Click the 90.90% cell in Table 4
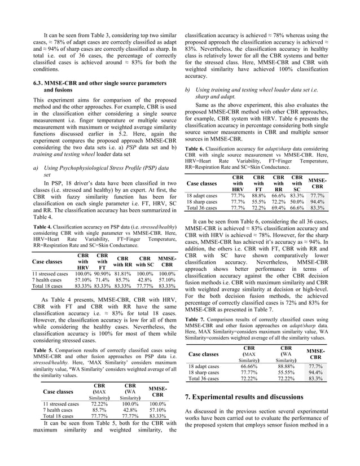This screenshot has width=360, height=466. pyautogui.click(x=103, y=274)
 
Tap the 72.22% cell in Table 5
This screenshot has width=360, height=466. pyautogui.click(x=100, y=405)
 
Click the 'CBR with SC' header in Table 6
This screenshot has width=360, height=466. pyautogui.click(x=297, y=182)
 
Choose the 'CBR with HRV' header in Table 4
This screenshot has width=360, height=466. pyautogui.click(x=83, y=261)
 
